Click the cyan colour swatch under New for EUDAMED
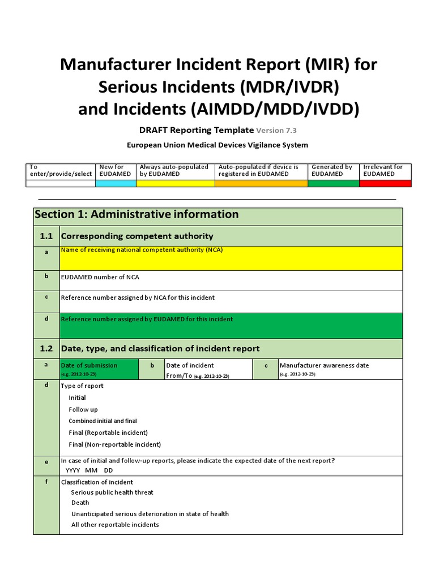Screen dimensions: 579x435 point(116,183)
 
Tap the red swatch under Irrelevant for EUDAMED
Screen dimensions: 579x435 point(385,183)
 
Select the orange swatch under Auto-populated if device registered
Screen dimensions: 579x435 point(261,183)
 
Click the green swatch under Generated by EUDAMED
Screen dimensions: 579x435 point(334,183)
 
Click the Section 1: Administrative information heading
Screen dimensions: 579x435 point(137,214)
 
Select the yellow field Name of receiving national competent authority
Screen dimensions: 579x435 point(231,258)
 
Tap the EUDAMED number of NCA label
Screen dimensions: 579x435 point(100,277)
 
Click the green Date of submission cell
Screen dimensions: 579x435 point(99,369)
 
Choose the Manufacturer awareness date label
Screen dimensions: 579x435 point(324,365)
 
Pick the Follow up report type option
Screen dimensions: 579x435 point(83,409)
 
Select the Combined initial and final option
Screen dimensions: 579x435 point(103,421)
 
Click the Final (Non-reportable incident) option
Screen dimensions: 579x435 point(114,444)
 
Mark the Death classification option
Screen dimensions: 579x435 point(80,503)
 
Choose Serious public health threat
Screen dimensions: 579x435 point(112,492)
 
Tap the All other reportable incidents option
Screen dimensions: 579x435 point(115,525)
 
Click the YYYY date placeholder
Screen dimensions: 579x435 point(73,470)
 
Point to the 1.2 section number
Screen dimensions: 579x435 point(46,348)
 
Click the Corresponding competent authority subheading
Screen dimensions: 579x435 point(137,236)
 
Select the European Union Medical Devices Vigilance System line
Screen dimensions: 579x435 point(217,145)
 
